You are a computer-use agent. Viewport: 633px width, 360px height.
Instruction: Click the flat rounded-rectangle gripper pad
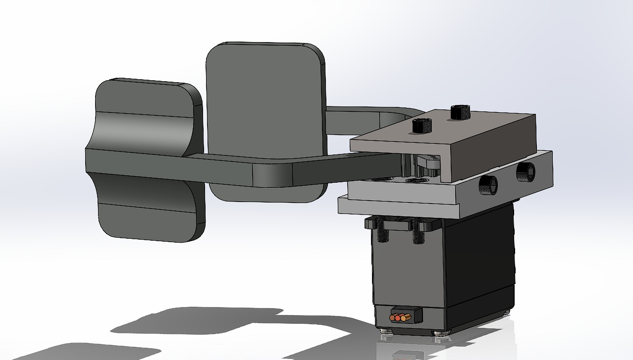[x=265, y=99]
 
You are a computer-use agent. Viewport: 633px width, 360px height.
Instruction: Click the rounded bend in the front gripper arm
[x=272, y=173]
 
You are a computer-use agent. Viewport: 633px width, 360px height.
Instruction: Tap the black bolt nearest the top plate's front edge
[x=422, y=126]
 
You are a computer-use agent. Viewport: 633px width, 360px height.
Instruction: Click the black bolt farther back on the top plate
[x=460, y=112]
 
